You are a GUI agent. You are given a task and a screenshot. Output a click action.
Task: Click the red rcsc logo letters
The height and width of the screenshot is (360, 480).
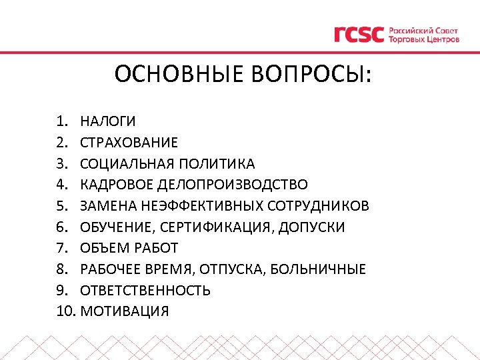359,35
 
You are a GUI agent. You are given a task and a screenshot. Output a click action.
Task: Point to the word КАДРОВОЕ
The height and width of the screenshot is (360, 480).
117,184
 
